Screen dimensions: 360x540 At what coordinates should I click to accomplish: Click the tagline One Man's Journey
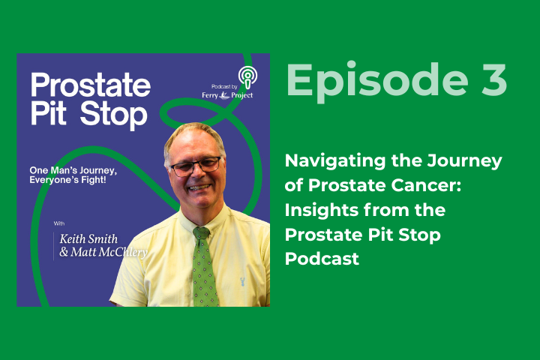pos(82,169)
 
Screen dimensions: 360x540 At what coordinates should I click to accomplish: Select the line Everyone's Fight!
pos(82,181)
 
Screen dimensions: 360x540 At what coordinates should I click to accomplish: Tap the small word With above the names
pos(59,223)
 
